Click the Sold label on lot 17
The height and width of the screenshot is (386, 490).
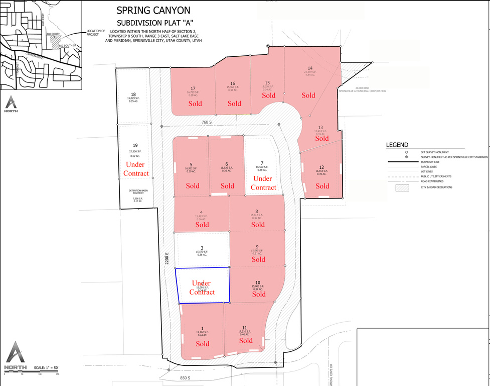click(x=195, y=104)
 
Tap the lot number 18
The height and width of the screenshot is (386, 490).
click(x=133, y=94)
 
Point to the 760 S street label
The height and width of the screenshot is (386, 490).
click(x=208, y=122)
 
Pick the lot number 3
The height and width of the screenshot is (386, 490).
click(x=202, y=248)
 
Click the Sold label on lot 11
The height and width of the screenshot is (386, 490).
click(x=246, y=341)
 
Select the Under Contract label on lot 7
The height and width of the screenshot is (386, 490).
click(x=263, y=183)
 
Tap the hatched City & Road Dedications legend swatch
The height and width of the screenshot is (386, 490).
click(x=402, y=187)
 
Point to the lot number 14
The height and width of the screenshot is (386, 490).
click(x=310, y=68)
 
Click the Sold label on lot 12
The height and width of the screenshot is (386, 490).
click(x=322, y=186)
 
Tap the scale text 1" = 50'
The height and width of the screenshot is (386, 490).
click(x=47, y=368)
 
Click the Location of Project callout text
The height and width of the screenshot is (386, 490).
click(x=96, y=33)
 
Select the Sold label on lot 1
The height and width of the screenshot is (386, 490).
click(x=203, y=344)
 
